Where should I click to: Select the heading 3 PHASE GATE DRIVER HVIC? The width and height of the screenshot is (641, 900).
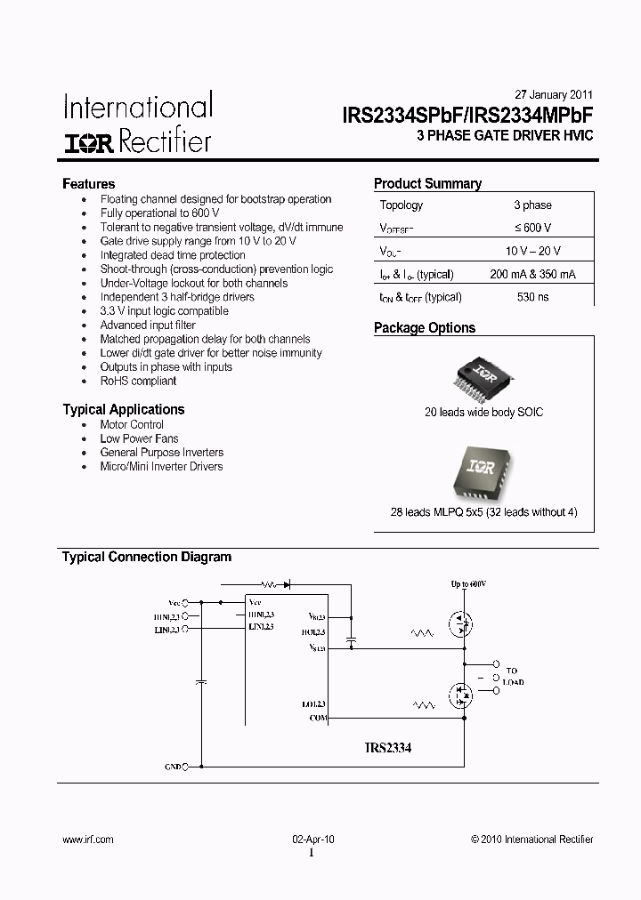[505, 135]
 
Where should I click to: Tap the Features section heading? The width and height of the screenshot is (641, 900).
[88, 184]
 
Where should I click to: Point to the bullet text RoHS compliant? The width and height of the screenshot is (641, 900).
[138, 381]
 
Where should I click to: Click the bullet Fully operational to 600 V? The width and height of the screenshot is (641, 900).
[159, 213]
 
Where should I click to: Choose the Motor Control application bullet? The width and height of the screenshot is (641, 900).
[132, 424]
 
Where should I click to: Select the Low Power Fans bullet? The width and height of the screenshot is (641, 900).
[139, 438]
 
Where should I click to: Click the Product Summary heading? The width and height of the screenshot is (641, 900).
[427, 184]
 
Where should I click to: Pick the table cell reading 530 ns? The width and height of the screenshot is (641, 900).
[532, 297]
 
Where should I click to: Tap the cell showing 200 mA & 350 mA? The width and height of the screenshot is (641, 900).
[532, 274]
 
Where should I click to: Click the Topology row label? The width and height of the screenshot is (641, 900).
[402, 205]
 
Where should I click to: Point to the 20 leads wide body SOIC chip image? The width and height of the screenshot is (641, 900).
[483, 377]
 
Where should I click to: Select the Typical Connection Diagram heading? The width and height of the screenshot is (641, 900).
[146, 558]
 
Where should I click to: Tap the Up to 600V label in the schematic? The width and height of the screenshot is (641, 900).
[468, 583]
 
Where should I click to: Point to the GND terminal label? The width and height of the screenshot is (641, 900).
[173, 766]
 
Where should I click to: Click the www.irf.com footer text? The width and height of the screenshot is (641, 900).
[88, 840]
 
